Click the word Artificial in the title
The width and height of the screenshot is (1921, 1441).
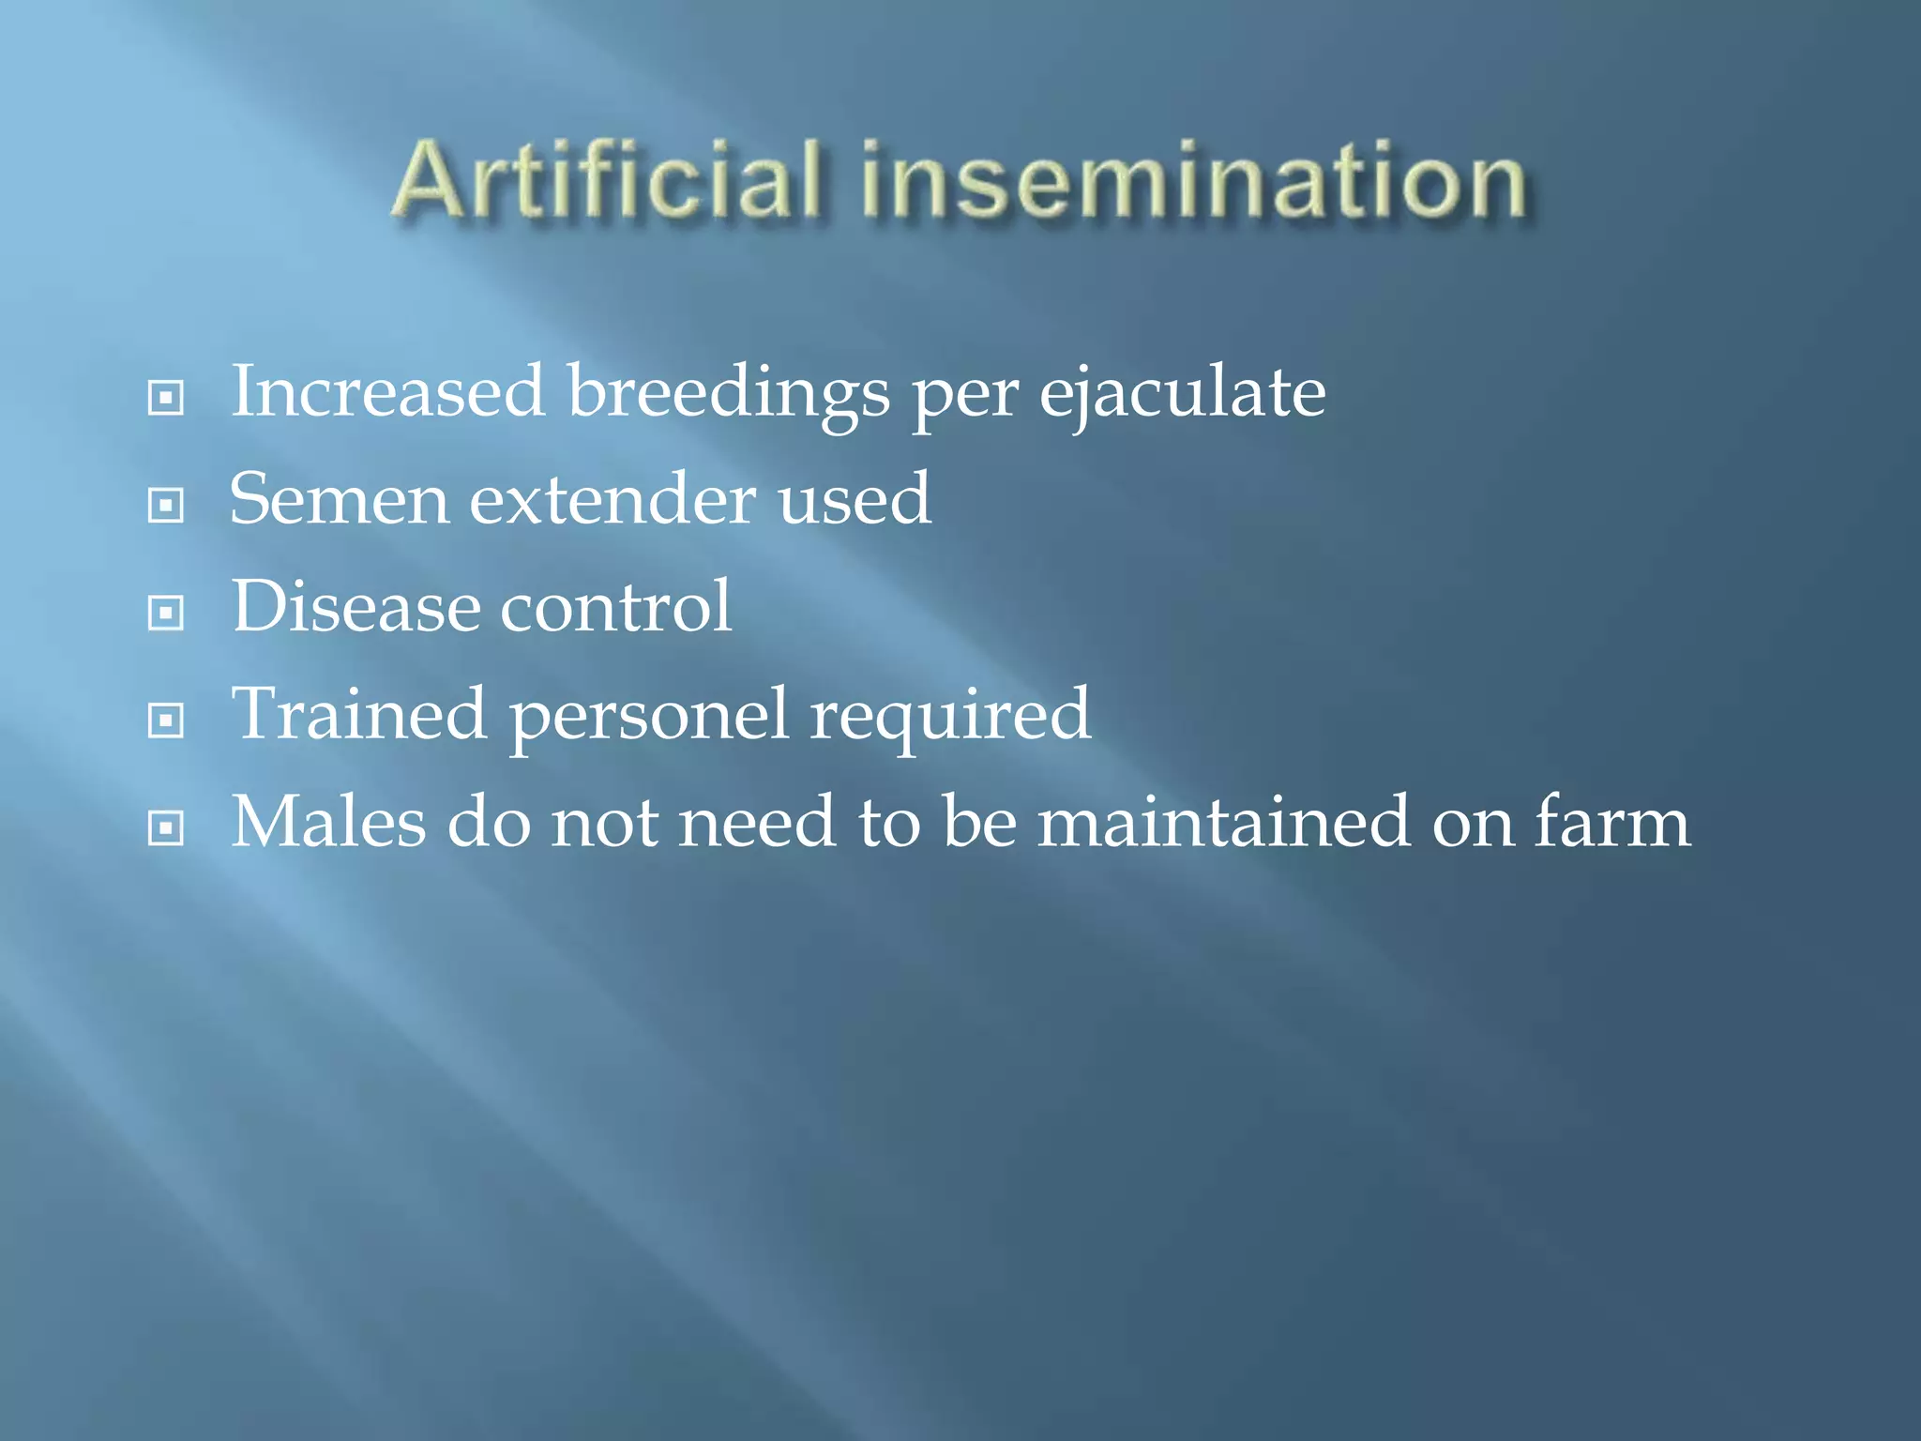[x=608, y=180]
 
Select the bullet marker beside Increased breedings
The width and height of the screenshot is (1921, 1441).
[x=166, y=399]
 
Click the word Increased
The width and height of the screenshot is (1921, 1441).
[x=387, y=392]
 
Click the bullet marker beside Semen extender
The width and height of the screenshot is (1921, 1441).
[x=166, y=507]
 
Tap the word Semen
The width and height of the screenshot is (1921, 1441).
[x=339, y=500]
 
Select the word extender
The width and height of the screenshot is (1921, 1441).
[x=612, y=500]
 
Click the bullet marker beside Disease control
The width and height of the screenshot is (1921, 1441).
[x=166, y=614]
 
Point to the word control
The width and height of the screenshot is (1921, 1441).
[x=615, y=607]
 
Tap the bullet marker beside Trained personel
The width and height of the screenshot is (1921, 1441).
[x=166, y=721]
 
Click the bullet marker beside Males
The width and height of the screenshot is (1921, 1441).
[x=166, y=828]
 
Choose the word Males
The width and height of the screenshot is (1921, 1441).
[x=328, y=823]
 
